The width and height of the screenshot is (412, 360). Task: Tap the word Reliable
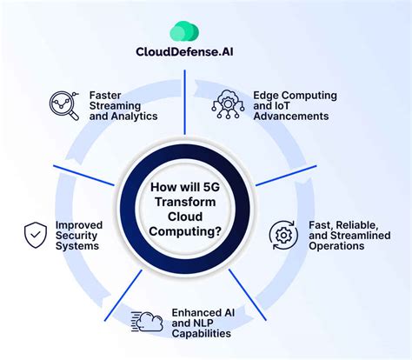point(354,223)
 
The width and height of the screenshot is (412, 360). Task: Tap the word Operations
point(336,246)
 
